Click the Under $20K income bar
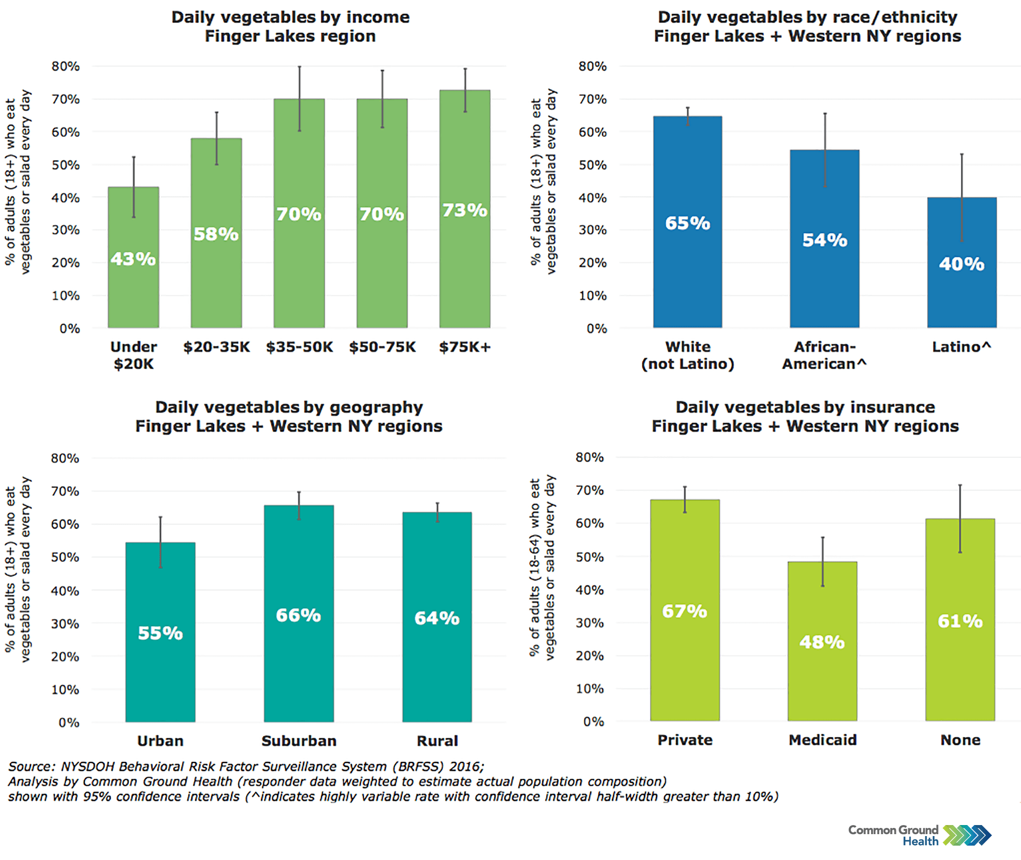point(133,293)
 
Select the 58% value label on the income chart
point(216,234)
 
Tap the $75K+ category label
point(464,347)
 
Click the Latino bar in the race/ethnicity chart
point(961,293)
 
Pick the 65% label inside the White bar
point(687,223)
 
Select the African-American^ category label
point(824,355)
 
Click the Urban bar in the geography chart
point(160,682)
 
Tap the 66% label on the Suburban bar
point(298,615)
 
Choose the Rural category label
point(437,741)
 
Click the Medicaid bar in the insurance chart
point(822,682)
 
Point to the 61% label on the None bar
point(960,621)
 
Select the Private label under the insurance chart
point(684,740)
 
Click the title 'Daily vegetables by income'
point(291,17)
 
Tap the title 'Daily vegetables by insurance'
point(805,407)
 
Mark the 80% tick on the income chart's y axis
point(66,66)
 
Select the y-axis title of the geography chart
point(18,569)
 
